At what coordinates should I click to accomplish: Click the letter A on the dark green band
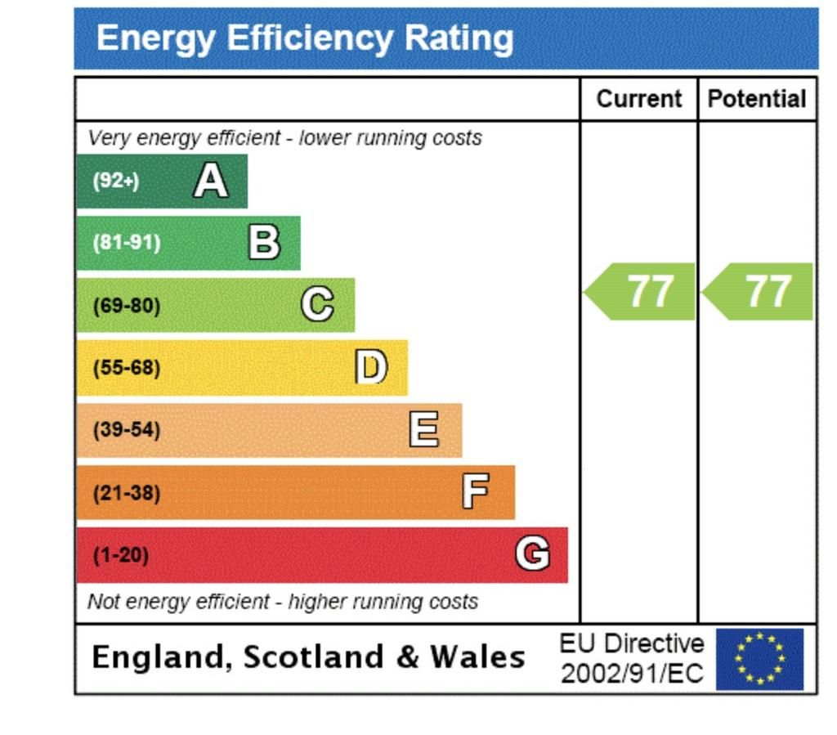(x=210, y=181)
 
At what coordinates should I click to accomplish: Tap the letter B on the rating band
(x=263, y=243)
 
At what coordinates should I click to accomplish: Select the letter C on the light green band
(x=317, y=305)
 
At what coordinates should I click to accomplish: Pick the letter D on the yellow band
(x=370, y=367)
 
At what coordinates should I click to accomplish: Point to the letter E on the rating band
(x=423, y=429)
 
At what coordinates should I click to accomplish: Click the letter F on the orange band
(x=476, y=492)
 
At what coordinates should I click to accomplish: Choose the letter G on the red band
(x=532, y=555)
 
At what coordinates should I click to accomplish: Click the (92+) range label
(x=115, y=181)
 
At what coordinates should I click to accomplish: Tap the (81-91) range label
(x=126, y=243)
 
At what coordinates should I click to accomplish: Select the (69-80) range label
(x=126, y=306)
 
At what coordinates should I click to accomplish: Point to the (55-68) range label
(x=126, y=368)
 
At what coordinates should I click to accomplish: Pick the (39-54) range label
(x=126, y=430)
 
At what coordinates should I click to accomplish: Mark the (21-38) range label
(x=126, y=493)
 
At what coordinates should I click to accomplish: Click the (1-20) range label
(x=120, y=556)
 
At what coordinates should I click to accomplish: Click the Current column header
(x=638, y=99)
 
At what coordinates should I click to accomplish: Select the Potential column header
(x=757, y=99)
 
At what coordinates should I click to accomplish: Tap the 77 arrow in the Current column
(x=641, y=292)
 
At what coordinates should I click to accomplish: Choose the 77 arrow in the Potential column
(x=759, y=292)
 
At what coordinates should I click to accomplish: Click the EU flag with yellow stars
(x=759, y=658)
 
